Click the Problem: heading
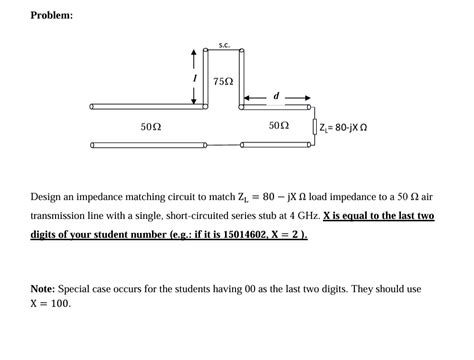tap(51, 16)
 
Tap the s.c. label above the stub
tap(224, 44)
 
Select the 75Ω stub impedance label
tap(224, 80)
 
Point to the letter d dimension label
tap(276, 97)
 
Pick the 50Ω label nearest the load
tap(279, 127)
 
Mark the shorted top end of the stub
tap(224, 53)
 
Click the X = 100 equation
tap(51, 304)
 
